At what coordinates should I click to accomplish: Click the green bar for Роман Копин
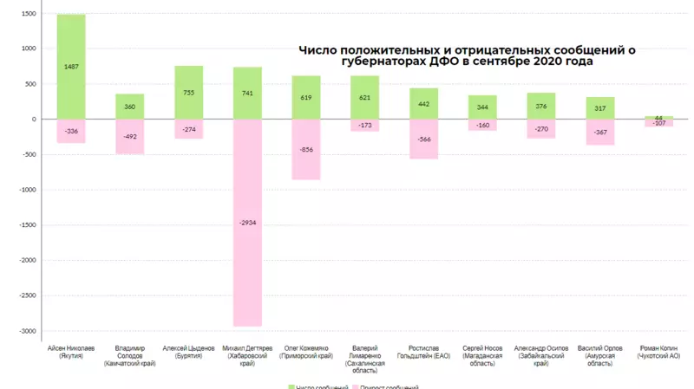tap(658, 118)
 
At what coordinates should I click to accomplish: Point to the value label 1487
tap(71, 68)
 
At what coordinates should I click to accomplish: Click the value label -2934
tap(247, 223)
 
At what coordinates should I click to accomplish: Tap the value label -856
tap(306, 149)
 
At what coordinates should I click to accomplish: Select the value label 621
tap(365, 98)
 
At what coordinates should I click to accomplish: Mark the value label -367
tap(600, 132)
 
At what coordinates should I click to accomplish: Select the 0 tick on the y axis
tap(33, 120)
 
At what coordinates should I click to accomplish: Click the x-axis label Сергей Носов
tap(482, 351)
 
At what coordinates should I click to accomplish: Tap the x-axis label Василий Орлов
tap(600, 351)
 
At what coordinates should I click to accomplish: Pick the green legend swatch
tap(291, 386)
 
